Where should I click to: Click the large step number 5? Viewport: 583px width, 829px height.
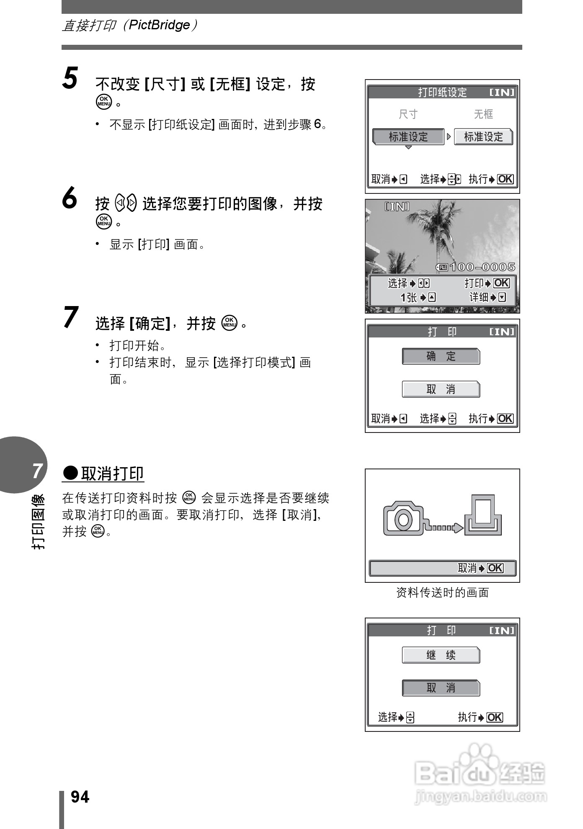[x=70, y=78]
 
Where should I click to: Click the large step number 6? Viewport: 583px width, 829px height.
[x=70, y=198]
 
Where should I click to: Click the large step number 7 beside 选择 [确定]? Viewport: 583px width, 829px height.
[x=71, y=317]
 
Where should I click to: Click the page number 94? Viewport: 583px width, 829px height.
[x=80, y=797]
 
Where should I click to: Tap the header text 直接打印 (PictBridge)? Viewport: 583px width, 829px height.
[x=129, y=25]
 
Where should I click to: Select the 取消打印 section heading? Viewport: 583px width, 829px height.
[x=103, y=474]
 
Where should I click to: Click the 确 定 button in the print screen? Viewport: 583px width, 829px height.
[x=441, y=356]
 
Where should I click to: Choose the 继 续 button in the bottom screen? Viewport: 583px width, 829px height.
[x=441, y=655]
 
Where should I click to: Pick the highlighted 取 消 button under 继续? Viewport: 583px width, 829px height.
[x=441, y=688]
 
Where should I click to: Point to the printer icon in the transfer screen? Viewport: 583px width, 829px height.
[x=484, y=515]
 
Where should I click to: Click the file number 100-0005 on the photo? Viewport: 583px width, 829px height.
[x=482, y=267]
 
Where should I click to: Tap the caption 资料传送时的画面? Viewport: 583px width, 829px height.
[x=442, y=592]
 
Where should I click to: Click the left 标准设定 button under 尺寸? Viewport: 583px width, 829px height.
[x=408, y=137]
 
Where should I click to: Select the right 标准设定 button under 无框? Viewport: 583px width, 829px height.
[x=483, y=137]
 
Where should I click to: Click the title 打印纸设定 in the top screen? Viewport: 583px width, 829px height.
[x=442, y=92]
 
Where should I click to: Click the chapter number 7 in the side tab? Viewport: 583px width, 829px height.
[x=38, y=471]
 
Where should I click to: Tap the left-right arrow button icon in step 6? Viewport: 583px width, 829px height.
[x=126, y=203]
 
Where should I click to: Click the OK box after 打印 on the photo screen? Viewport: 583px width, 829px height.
[x=501, y=283]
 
